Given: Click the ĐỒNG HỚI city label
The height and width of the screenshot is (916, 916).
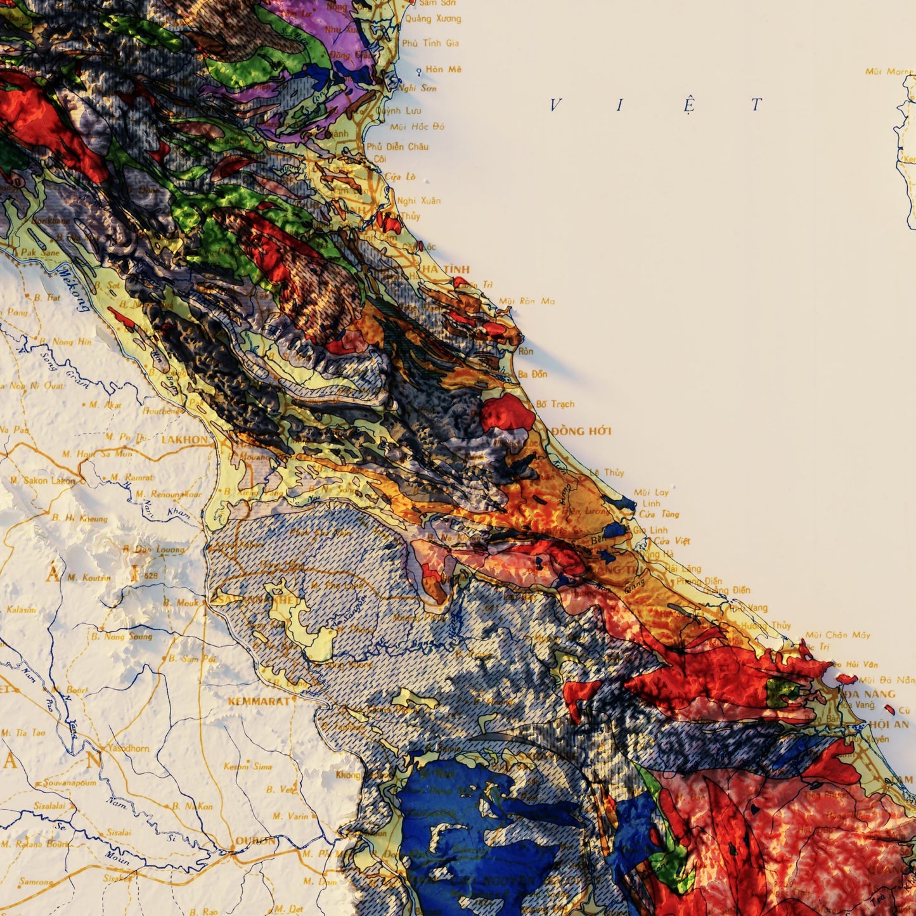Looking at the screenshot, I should point(581,431).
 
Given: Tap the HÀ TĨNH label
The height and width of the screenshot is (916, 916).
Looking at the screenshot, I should point(446,269).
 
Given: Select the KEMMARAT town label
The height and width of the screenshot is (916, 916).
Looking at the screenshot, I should point(260,701).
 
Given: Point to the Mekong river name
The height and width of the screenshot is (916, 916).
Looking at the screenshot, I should point(73,289).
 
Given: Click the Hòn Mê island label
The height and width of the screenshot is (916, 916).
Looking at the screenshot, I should point(444,69).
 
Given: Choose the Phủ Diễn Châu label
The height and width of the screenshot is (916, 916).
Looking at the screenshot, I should point(397,146).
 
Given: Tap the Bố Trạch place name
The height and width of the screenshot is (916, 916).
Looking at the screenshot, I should point(555,404).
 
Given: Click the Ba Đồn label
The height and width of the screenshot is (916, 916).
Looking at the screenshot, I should point(532,374).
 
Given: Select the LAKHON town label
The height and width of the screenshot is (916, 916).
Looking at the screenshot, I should point(184,439).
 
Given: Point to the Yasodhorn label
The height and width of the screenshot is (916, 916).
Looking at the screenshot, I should point(129,748).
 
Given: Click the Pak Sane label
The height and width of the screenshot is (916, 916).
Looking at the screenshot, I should point(40,252).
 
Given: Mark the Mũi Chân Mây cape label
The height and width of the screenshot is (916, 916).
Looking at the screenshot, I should point(838,635).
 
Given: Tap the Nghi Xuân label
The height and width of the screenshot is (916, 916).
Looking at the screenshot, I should point(418,201).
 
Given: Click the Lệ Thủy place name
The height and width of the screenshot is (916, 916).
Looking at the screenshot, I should point(607,472).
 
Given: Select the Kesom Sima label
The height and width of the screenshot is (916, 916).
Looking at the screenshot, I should point(248,766).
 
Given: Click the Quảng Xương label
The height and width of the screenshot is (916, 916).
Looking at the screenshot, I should point(433,18).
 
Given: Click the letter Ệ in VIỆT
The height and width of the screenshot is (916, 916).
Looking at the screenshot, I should point(689,105).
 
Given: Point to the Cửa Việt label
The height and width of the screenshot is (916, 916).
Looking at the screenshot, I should point(672,541).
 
